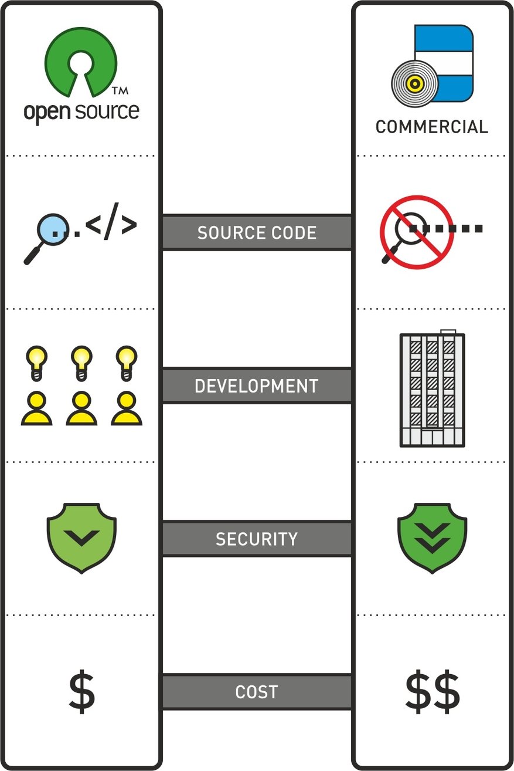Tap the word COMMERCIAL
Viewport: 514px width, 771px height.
coord(431,127)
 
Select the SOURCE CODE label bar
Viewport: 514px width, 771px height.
coord(257,232)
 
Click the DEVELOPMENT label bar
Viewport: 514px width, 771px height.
coord(257,386)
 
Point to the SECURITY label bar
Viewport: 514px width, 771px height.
coord(257,539)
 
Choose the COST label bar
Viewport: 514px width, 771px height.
coord(257,692)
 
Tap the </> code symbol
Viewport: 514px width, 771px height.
coord(111,225)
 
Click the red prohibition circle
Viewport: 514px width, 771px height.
coord(416,232)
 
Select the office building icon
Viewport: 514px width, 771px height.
coord(432,390)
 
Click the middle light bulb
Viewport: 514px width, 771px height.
coord(81,360)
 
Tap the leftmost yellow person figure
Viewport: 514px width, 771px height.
coord(36,408)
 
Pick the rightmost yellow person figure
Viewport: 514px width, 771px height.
coord(127,408)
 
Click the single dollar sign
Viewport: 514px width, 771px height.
coord(81,692)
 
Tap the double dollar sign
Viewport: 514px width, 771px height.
coord(432,692)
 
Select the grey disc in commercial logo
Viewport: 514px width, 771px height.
coord(414,84)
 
